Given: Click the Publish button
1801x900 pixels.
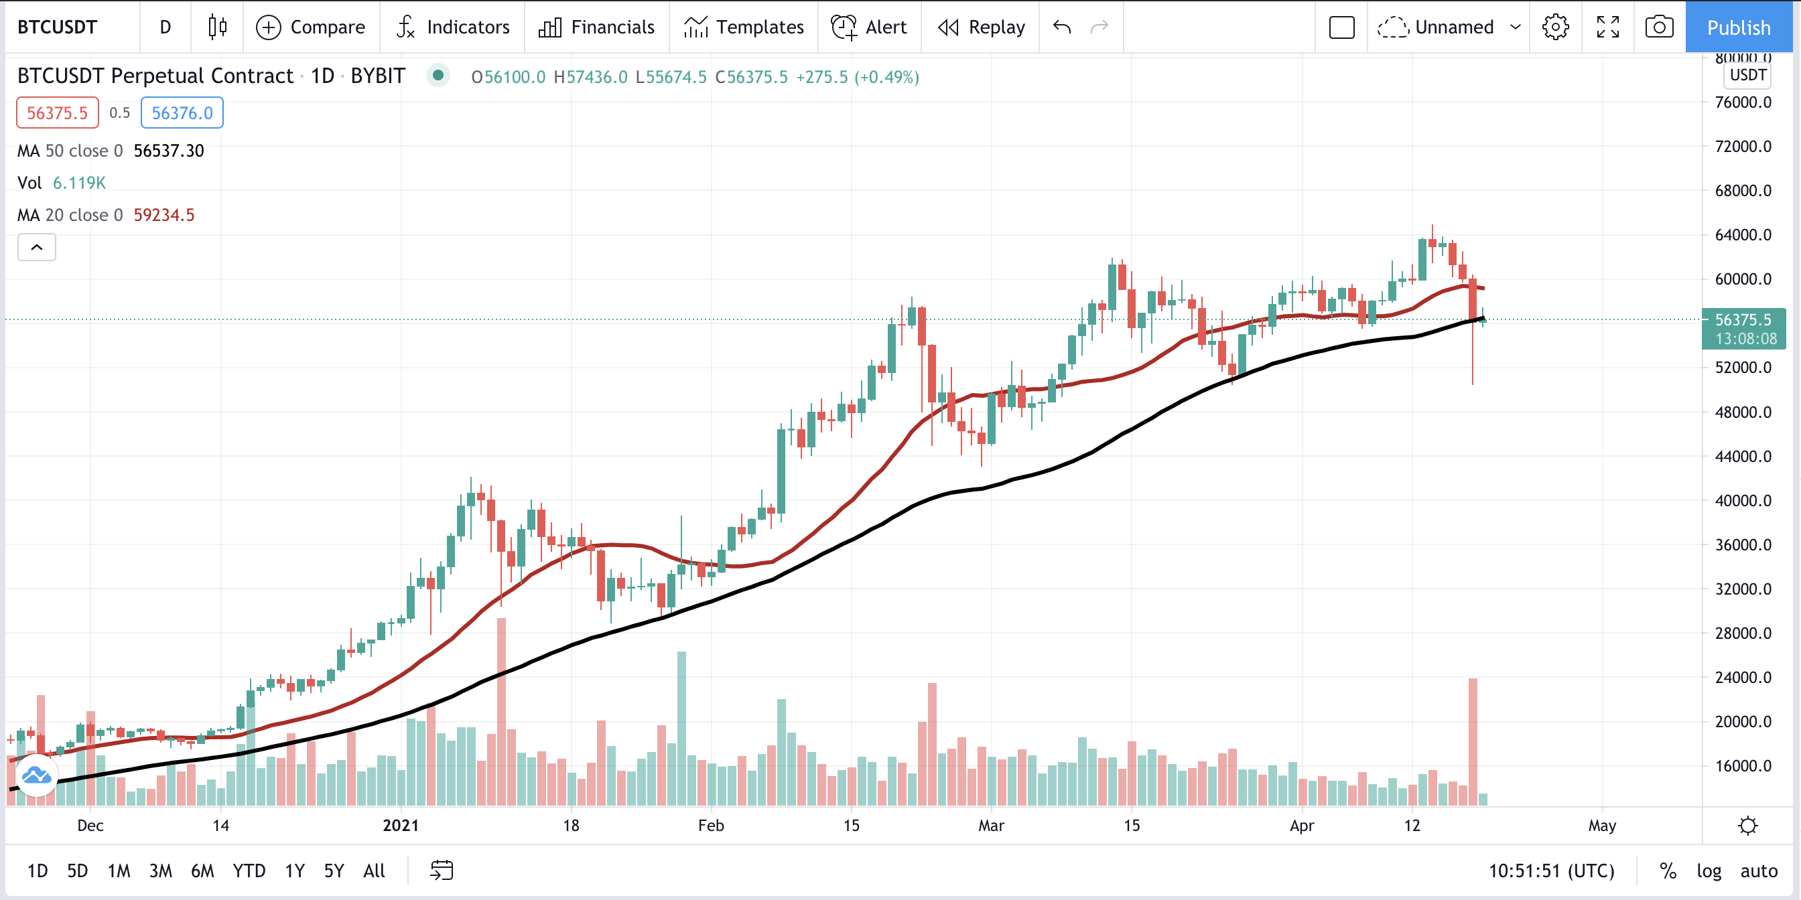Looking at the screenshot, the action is (1738, 27).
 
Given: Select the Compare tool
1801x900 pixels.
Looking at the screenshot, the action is (310, 27).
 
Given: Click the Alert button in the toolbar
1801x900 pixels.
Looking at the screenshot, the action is (869, 27).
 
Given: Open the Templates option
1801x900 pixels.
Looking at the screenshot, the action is (744, 27).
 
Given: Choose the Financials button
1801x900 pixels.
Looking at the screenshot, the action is (596, 27).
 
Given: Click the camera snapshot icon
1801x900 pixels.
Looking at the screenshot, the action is (1659, 27).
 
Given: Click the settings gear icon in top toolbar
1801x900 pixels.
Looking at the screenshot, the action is (1556, 27).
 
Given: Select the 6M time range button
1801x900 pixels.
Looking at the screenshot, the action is (202, 871).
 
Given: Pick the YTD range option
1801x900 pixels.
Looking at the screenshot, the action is (249, 871).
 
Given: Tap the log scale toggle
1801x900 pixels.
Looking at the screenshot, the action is (1709, 871).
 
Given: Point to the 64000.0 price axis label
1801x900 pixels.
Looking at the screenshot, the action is (1743, 235).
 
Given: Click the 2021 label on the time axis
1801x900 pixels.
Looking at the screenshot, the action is (401, 825).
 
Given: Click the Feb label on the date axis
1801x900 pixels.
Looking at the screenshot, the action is (711, 825).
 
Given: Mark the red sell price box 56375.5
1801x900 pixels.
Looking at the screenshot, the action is (58, 112).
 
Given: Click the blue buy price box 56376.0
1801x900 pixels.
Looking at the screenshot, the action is (182, 112).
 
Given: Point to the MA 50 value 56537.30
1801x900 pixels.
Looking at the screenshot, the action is (168, 151).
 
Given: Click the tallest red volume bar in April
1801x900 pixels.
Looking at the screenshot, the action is (1473, 741).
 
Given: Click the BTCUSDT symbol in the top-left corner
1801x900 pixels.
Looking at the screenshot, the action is (58, 27).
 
